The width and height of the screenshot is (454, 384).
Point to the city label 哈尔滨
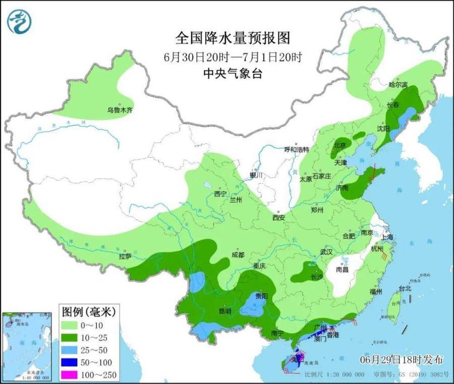pos(398,85)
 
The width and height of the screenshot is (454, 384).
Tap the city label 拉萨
pos(125,256)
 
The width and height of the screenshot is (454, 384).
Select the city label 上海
pos(388,236)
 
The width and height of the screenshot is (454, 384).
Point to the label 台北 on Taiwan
pos(405,289)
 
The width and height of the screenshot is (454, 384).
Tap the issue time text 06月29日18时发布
pos(402,359)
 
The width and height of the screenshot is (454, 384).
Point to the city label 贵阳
pos(261,296)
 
